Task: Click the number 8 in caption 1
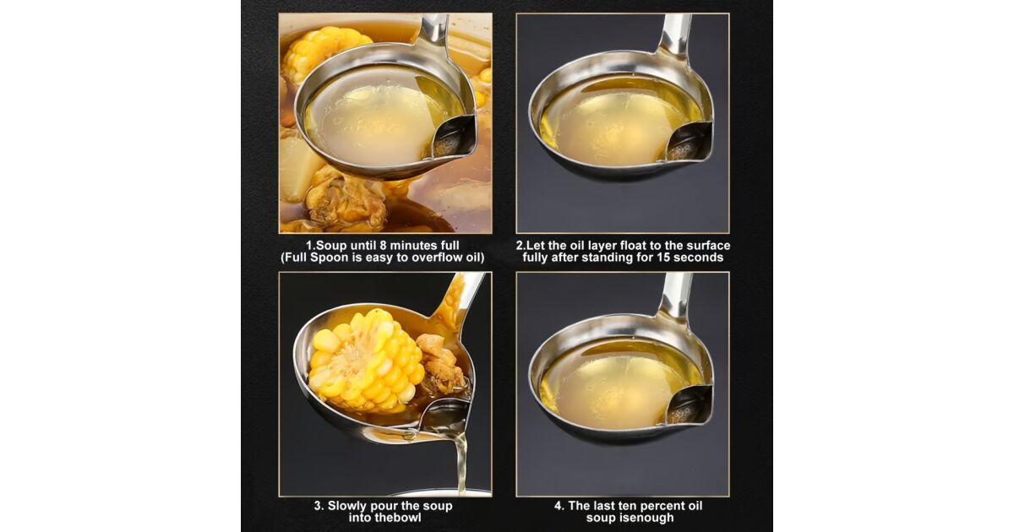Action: point(383,246)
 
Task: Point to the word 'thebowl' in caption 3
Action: point(397,518)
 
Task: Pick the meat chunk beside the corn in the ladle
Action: point(440,362)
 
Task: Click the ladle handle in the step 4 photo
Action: point(673,296)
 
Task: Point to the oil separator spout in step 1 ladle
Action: point(454,138)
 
